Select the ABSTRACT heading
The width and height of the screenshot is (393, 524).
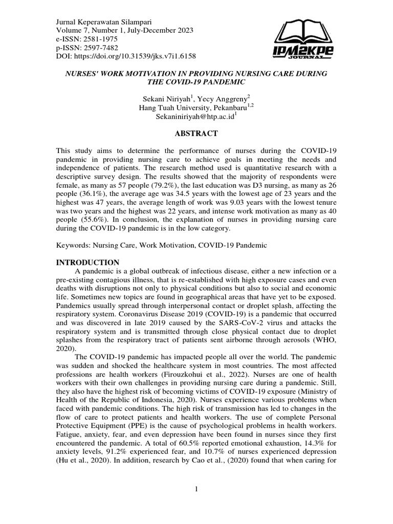[196, 134]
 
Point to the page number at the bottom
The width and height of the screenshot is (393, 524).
[196, 489]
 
